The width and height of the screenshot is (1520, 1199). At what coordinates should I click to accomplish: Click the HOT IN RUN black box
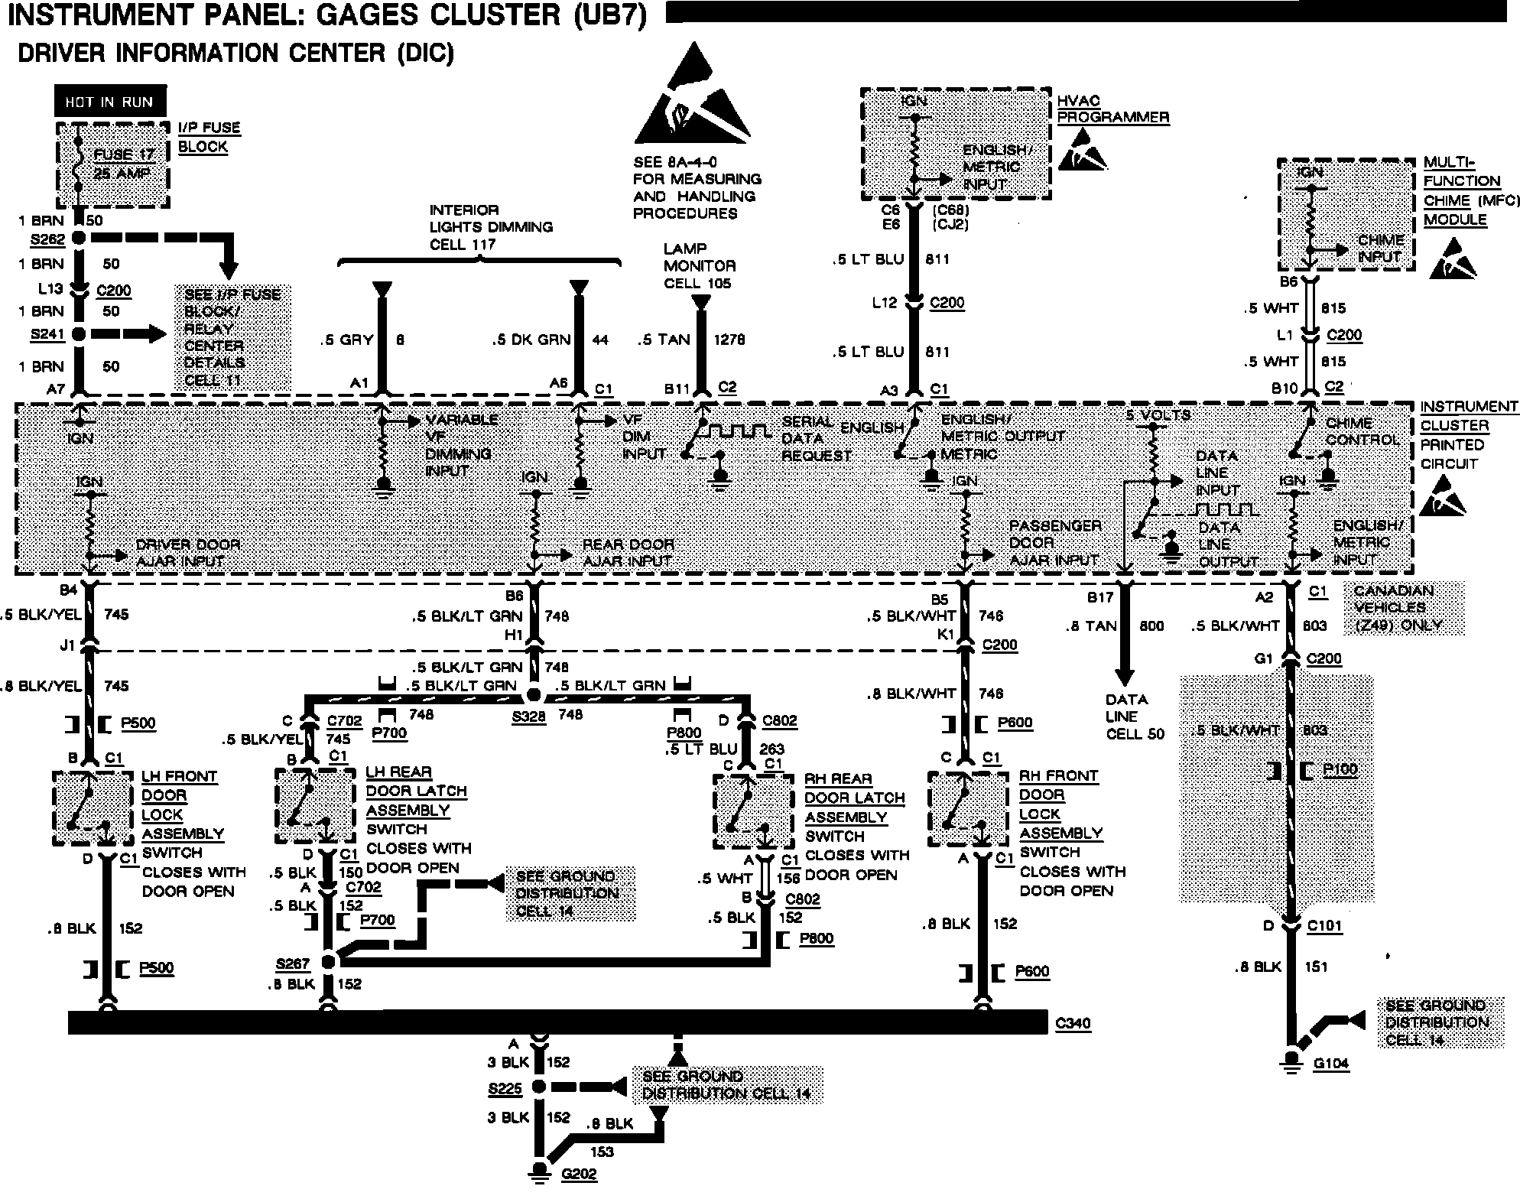(x=109, y=102)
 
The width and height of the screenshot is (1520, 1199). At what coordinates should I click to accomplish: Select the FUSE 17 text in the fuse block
(x=124, y=154)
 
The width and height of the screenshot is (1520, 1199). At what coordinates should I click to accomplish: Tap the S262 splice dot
(x=79, y=238)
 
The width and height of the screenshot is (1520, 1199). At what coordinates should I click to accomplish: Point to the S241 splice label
(x=47, y=334)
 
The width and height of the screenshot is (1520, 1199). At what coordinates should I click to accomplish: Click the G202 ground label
(x=578, y=1174)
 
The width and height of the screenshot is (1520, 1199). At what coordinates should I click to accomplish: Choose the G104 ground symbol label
(x=1331, y=1063)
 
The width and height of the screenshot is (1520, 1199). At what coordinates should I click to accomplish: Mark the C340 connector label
(x=1072, y=1023)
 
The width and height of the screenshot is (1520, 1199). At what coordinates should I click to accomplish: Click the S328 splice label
(x=528, y=716)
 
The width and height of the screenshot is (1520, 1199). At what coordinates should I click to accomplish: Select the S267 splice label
(x=293, y=963)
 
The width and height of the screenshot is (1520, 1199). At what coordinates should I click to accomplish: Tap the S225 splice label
(x=505, y=1087)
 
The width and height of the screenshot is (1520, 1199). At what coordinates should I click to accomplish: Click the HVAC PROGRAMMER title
(x=1113, y=109)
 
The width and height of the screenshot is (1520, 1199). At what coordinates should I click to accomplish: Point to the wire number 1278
(x=729, y=340)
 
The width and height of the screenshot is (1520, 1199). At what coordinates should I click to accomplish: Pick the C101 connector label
(x=1324, y=927)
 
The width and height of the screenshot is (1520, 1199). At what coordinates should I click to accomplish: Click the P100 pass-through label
(x=1340, y=770)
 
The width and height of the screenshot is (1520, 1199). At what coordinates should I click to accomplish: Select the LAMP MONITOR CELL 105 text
(x=699, y=265)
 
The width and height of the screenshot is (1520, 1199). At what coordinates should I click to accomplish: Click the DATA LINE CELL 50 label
(x=1135, y=716)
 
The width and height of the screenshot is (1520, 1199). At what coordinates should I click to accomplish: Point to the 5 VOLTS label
(x=1158, y=415)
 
